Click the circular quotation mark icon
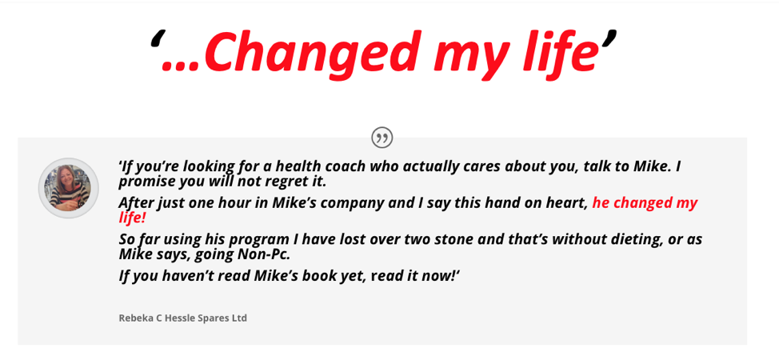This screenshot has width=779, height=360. (x=382, y=138)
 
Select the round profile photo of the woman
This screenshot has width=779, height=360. (x=69, y=188)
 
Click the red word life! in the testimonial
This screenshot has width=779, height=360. (x=132, y=218)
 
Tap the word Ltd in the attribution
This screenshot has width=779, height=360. (x=239, y=318)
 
